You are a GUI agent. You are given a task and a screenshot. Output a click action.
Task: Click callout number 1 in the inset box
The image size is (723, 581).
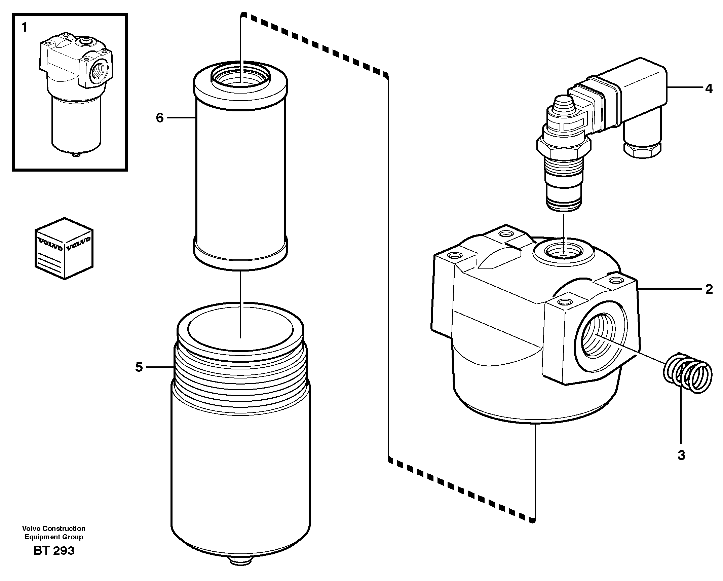coord(24,27)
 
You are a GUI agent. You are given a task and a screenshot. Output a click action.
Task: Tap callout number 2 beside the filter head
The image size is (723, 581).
coord(709,289)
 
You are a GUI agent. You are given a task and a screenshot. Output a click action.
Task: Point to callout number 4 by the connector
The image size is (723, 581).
coord(709,89)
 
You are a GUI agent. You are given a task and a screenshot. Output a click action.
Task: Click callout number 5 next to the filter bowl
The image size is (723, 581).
coord(139,367)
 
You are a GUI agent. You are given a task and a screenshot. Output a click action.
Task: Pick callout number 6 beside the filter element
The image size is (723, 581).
coord(160,118)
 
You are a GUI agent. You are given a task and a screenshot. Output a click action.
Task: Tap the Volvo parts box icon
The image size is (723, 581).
coord(64,248)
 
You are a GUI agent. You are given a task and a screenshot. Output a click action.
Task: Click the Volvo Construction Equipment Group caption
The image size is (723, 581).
coord(54,533)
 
